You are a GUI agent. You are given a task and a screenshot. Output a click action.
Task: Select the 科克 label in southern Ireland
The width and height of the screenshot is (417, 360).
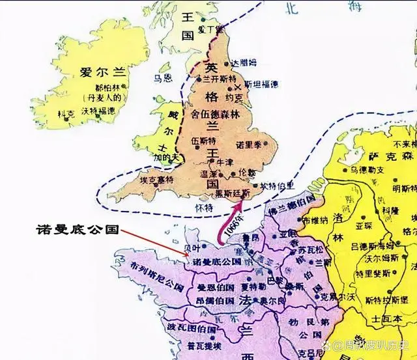coord(66,114)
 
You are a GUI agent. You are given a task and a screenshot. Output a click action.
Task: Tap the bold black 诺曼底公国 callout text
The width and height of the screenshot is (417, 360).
coord(76,230)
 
